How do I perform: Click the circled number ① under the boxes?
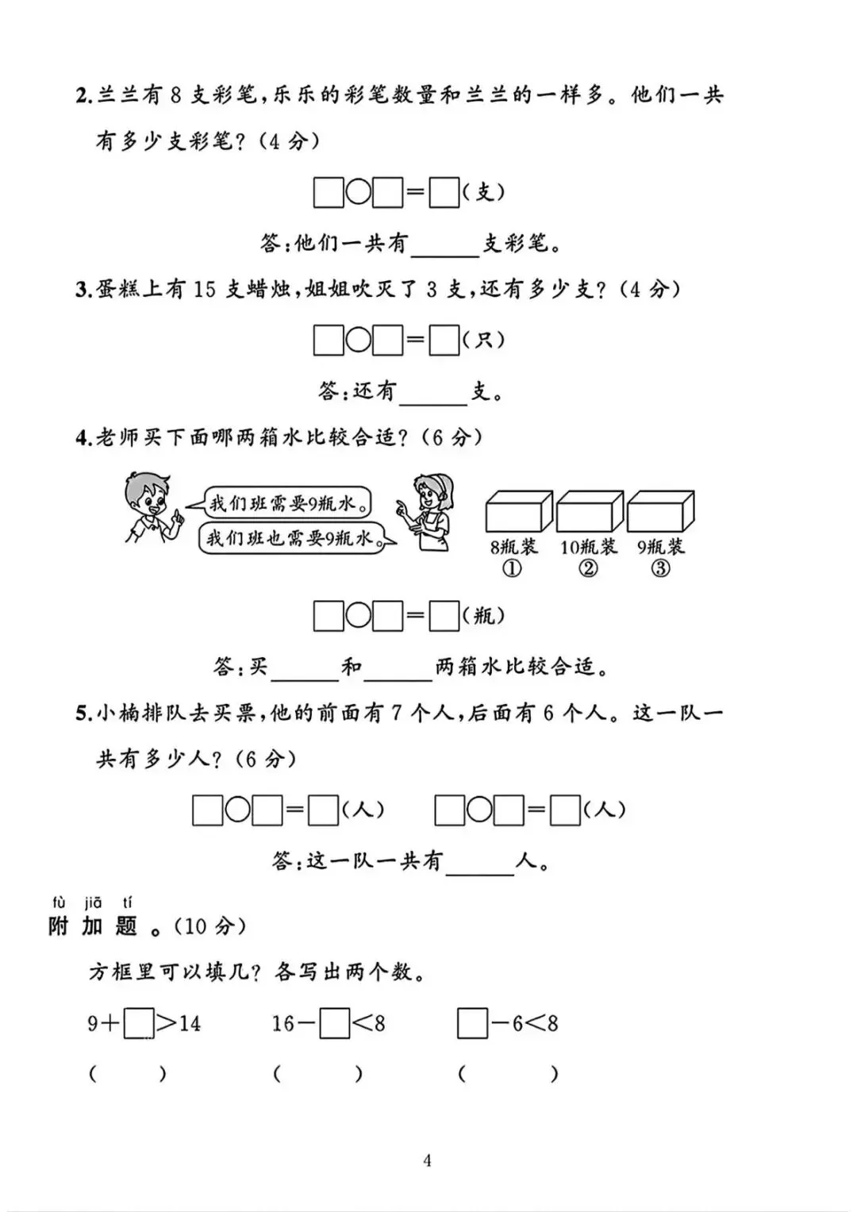coord(513,568)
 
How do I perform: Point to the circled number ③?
coord(660,568)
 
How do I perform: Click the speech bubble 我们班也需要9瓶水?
coord(290,538)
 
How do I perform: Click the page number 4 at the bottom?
coord(428,1161)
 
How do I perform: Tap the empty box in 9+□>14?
coord(139,1023)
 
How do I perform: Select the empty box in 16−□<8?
coord(334,1023)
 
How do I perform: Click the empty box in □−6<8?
coord(472,1023)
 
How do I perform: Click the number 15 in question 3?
coord(204,289)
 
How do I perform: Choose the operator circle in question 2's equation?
coord(359,193)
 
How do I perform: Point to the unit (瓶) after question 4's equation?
coord(483,615)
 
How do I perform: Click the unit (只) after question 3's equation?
coord(483,340)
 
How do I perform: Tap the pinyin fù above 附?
coord(59,902)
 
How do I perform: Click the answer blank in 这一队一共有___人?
coord(480,863)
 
